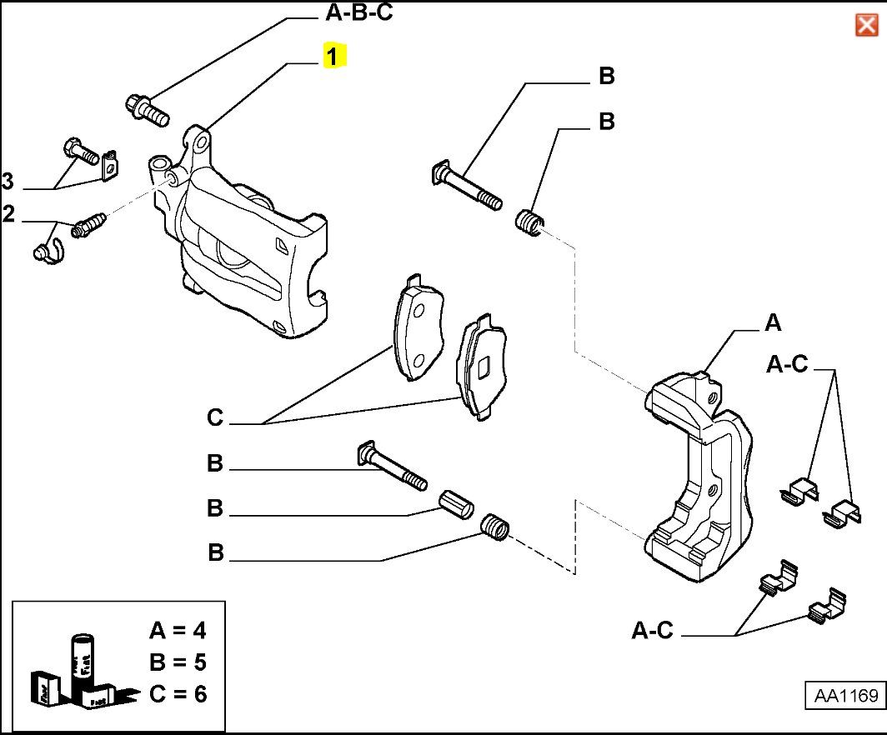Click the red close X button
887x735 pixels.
[866, 26]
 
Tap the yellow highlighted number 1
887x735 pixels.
[333, 57]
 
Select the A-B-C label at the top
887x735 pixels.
[358, 14]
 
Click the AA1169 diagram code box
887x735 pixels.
[842, 696]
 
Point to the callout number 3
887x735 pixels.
[8, 181]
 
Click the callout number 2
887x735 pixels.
[8, 215]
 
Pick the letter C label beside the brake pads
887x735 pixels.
[215, 417]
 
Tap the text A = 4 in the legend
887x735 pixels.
[178, 629]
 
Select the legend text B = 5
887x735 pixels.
[178, 662]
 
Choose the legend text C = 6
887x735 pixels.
[178, 693]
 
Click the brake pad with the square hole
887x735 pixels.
[481, 367]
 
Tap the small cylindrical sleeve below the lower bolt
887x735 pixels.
[456, 503]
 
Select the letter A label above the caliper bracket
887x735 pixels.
[773, 322]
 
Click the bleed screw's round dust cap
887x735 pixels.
[45, 251]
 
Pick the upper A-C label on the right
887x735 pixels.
[788, 364]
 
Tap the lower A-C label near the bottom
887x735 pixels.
[652, 631]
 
